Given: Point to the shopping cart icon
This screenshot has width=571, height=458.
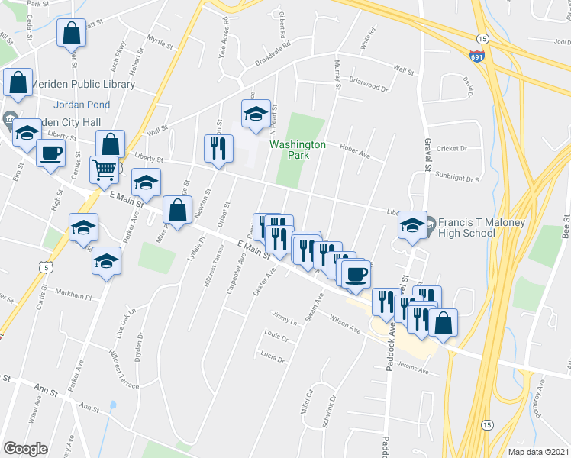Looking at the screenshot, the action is click(105, 169).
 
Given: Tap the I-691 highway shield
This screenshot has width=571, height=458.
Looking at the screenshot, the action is click(477, 56).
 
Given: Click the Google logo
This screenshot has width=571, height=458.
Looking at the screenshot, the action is click(25, 449).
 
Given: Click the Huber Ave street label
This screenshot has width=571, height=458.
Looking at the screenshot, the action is click(355, 155).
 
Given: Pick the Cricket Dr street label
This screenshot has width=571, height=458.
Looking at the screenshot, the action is click(452, 148).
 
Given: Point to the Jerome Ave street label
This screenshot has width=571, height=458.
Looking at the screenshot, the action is click(413, 370).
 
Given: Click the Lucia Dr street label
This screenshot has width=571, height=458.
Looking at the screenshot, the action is click(272, 356).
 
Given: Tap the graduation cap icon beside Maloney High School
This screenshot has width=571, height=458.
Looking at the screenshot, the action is click(412, 225).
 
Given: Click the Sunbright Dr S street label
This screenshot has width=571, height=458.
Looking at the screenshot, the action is click(458, 179).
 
